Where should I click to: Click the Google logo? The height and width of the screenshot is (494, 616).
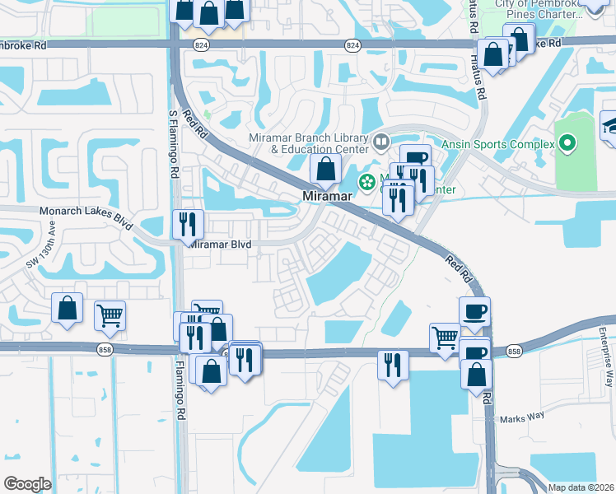27,484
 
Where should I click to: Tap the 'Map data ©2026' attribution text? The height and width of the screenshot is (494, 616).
581,487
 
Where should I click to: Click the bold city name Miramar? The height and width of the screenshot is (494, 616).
327,197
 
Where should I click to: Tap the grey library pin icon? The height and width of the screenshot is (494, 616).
381,142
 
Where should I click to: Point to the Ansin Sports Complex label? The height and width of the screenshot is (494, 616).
499,144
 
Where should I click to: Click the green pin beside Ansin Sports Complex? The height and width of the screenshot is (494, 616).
567,144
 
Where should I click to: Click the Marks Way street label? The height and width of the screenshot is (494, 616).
522,417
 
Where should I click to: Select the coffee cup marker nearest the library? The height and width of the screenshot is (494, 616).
416,158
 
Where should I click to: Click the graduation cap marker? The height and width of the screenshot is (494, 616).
611,125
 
